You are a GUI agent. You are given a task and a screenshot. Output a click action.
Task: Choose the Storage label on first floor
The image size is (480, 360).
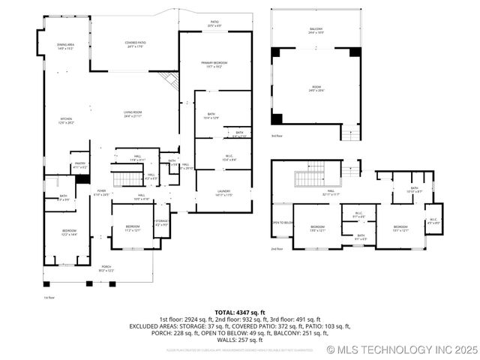(x=161, y=222)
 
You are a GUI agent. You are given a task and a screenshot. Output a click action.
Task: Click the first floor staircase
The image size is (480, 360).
(x=127, y=178)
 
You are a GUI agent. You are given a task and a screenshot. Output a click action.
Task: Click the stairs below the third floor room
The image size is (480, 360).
(x=350, y=133)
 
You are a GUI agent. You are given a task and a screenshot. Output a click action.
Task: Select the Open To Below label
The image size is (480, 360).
(x=281, y=223)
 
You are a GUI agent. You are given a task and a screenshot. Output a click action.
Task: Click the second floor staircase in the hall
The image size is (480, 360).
(x=308, y=178)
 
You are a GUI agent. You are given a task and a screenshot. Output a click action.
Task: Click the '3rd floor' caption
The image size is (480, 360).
(x=277, y=136)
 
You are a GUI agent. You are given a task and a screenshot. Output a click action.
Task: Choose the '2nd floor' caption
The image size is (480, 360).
(x=277, y=248)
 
